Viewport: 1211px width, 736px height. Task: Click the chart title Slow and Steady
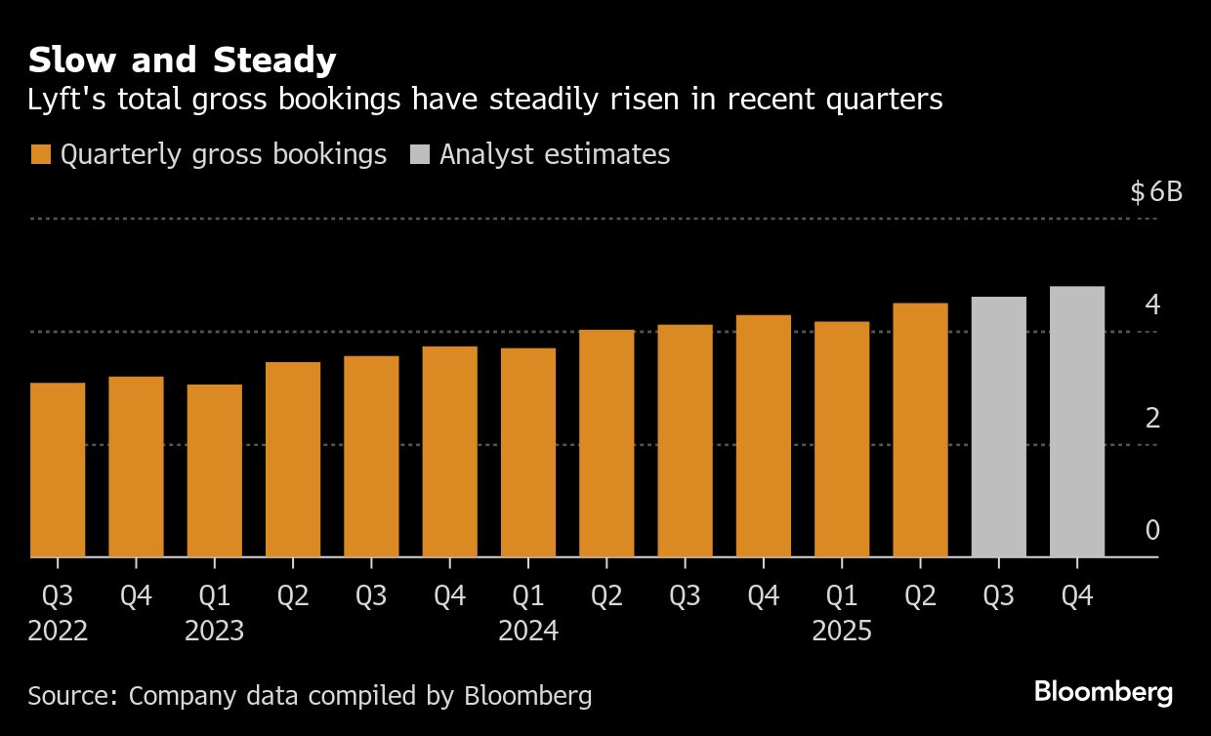[x=183, y=61]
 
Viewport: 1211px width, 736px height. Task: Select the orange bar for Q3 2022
[x=58, y=470]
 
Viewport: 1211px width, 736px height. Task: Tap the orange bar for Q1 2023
[x=215, y=470]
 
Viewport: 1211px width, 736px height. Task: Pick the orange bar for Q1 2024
[x=528, y=452]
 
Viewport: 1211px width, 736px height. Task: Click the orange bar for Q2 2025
[x=920, y=429]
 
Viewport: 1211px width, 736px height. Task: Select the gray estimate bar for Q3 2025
[x=999, y=427]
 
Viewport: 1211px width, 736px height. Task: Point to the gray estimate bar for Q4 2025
[x=1077, y=422]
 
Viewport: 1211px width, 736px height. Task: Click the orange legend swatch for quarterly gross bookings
[x=41, y=155]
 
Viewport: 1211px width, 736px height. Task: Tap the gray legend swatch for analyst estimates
[x=420, y=155]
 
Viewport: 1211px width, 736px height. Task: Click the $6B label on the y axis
[x=1156, y=191]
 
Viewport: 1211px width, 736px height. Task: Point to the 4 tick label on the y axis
[x=1152, y=305]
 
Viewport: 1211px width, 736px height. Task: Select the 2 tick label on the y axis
[x=1152, y=418]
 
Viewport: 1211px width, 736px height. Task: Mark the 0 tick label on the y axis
[x=1152, y=531]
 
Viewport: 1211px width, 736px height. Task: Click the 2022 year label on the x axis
[x=59, y=632]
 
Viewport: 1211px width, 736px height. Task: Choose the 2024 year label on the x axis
[x=528, y=632]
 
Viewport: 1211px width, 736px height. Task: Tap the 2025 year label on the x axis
[x=842, y=632]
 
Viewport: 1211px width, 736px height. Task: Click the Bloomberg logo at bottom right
[x=1104, y=693]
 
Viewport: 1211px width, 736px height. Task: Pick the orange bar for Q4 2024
[x=764, y=435]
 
